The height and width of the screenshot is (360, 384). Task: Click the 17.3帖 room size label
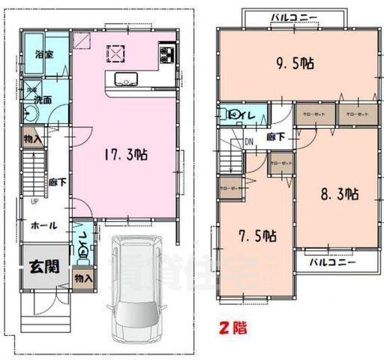click(124, 155)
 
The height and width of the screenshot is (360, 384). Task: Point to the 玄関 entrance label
click(45, 265)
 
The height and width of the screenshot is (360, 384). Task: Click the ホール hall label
click(43, 225)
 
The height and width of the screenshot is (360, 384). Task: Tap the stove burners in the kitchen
click(167, 55)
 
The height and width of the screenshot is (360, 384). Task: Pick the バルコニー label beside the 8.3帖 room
click(331, 262)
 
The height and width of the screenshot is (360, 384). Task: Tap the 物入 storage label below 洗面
click(31, 139)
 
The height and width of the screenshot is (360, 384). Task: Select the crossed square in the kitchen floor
click(118, 54)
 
